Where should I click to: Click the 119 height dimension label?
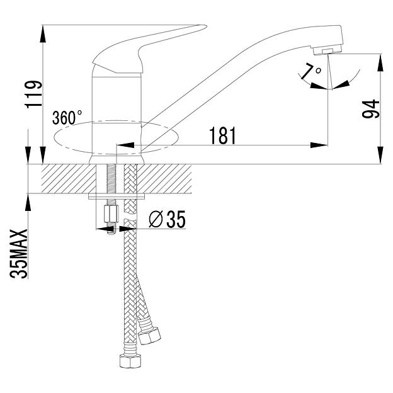click(33, 94)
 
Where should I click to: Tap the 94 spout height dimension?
click(371, 109)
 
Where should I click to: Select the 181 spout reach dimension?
click(222, 135)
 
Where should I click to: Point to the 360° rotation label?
click(67, 118)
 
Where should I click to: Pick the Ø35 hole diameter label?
click(167, 219)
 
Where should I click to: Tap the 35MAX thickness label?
click(18, 254)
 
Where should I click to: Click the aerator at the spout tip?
click(327, 50)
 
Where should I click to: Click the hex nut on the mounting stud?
click(111, 214)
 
